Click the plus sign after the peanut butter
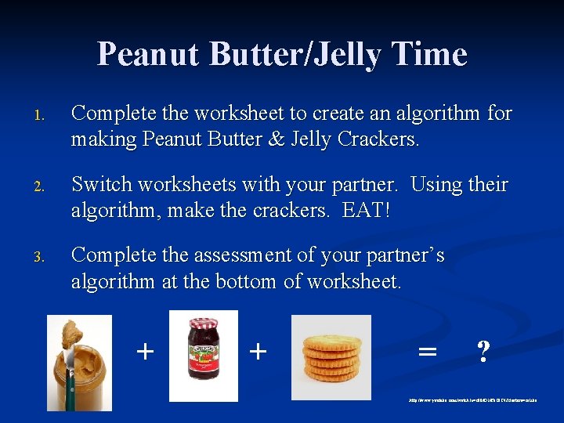[144, 351]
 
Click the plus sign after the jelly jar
[257, 351]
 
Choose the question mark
[483, 352]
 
